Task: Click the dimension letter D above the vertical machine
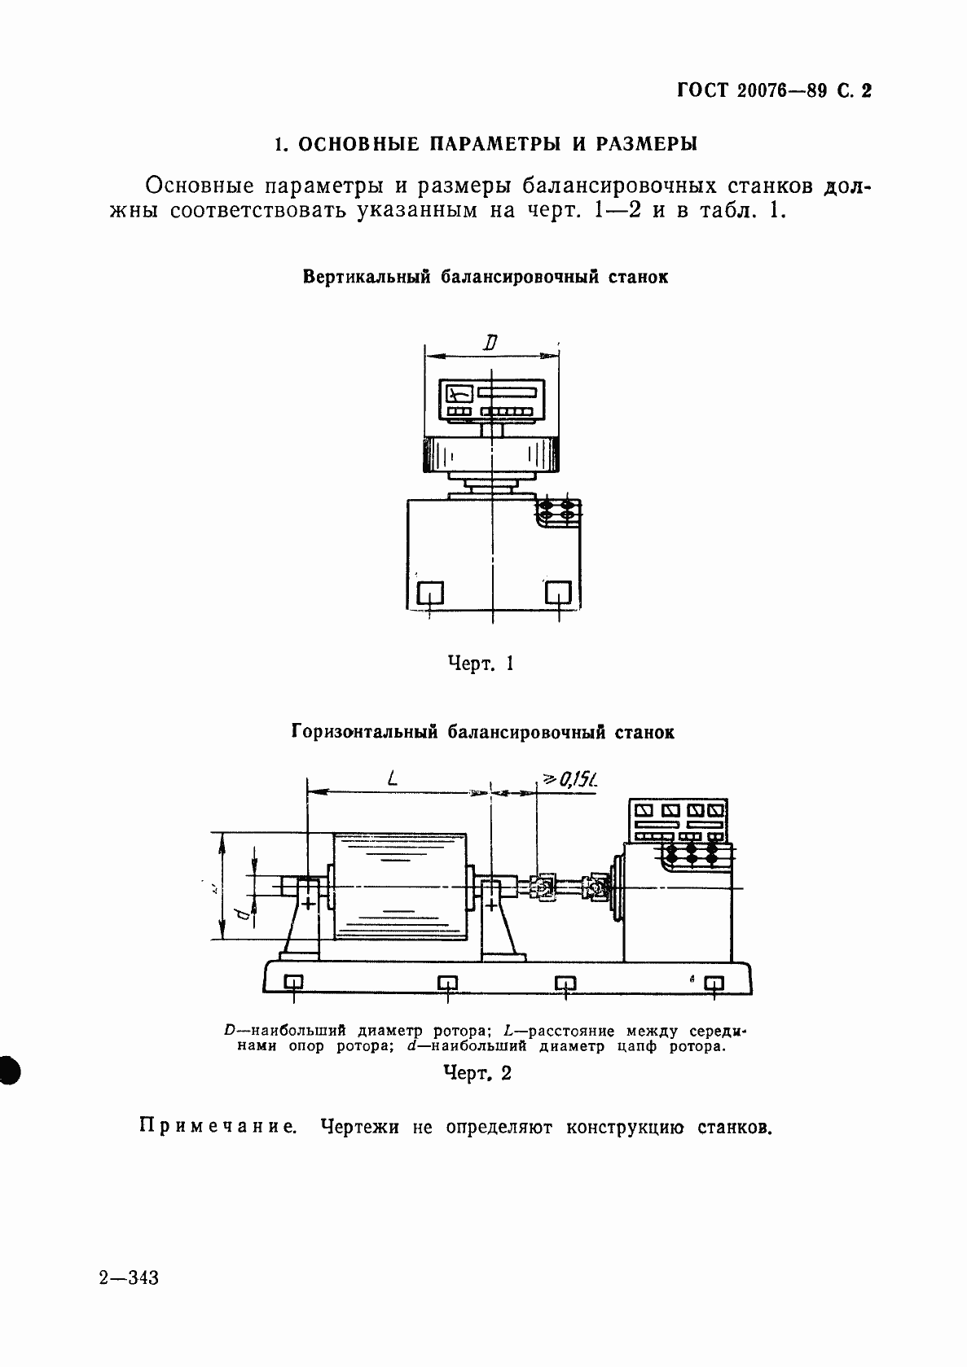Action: [x=490, y=344]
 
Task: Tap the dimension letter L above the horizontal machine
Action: [x=393, y=779]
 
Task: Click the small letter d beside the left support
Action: [x=243, y=913]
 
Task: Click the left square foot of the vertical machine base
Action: [x=429, y=592]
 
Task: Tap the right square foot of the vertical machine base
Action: [x=558, y=592]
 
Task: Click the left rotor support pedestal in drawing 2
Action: [x=302, y=920]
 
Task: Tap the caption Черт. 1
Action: [x=481, y=664]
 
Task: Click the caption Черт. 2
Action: [x=477, y=1073]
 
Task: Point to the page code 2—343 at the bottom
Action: [x=129, y=1277]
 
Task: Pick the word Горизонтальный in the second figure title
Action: [x=363, y=732]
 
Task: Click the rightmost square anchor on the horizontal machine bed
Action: [x=714, y=983]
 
